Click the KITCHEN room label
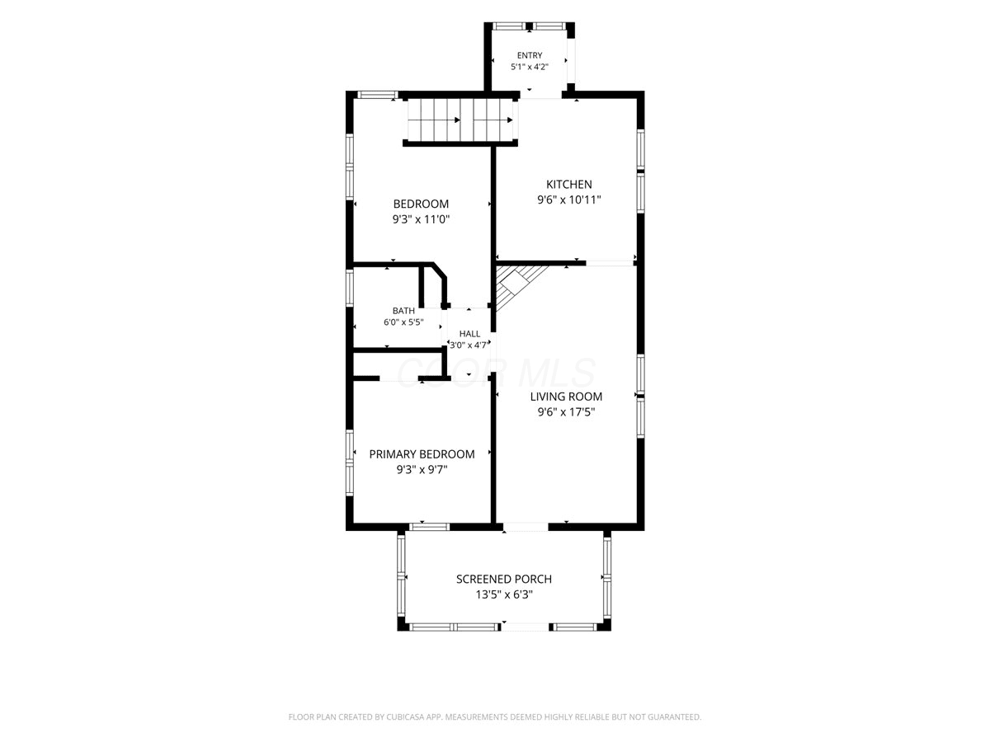(x=568, y=184)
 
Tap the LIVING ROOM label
(x=566, y=397)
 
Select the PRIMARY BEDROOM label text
(x=422, y=454)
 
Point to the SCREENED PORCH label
(x=504, y=579)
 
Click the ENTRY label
(x=530, y=55)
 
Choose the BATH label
(x=403, y=311)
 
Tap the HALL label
(x=469, y=334)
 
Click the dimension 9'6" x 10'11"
(x=568, y=200)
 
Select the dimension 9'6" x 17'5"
(x=566, y=411)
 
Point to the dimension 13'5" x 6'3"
(x=504, y=594)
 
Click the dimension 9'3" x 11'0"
(x=421, y=219)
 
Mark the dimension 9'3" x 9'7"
(x=422, y=470)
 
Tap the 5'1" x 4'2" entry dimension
(x=530, y=67)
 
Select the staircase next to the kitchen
(x=461, y=120)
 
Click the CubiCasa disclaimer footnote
(x=495, y=716)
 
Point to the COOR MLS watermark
(x=496, y=373)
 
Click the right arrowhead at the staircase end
(x=510, y=120)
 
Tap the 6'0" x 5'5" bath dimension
(x=403, y=322)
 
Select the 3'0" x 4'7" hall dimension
(x=469, y=345)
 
